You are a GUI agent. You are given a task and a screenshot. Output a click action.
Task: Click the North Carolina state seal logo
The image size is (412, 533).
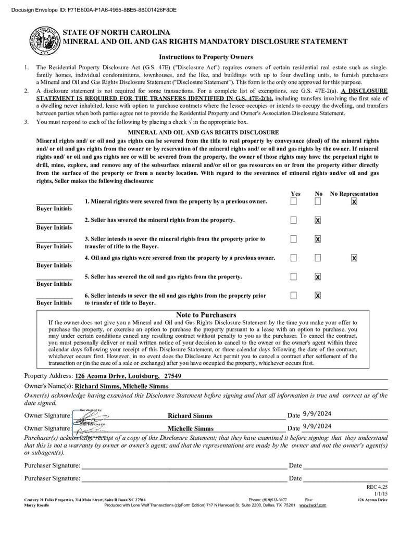45,40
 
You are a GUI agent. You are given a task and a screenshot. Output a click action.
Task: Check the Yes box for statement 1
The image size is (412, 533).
294,201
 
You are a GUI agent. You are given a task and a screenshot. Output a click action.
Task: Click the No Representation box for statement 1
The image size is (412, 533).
354,201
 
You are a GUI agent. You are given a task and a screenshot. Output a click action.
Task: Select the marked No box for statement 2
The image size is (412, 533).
318,220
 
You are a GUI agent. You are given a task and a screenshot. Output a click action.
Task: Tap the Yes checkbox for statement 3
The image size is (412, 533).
294,239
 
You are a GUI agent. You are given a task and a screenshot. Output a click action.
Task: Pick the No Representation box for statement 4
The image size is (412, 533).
354,258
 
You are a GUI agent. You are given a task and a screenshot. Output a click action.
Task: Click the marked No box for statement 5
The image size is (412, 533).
318,276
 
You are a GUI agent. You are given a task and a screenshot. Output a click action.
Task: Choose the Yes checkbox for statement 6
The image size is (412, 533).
294,296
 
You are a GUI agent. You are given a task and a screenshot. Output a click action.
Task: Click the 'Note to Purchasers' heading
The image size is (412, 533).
206,315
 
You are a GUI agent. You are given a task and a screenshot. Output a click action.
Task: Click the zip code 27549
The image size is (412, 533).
172,376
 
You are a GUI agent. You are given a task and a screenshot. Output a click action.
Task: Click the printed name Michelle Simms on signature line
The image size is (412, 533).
190,428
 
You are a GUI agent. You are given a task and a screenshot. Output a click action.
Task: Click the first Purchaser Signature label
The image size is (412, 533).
52,465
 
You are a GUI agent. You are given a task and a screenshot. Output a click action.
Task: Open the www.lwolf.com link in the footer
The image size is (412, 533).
313,505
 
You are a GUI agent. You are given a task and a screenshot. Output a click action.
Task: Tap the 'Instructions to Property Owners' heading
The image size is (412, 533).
206,57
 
